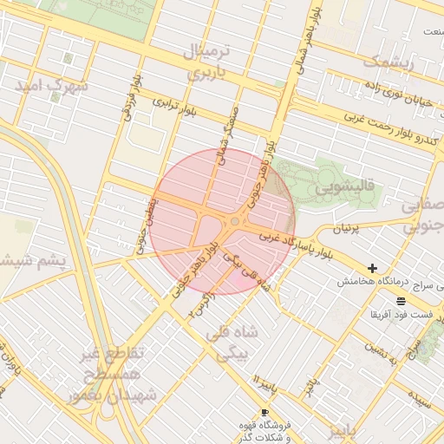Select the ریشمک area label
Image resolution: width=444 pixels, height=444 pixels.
pos(387,62)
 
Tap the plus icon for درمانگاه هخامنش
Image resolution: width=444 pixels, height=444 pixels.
pos(372,269)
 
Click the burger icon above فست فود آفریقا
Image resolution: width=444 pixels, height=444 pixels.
pos(400,300)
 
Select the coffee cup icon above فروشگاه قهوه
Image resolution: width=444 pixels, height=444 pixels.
pos(264,413)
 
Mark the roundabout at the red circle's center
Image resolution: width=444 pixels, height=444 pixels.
pos(234,223)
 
